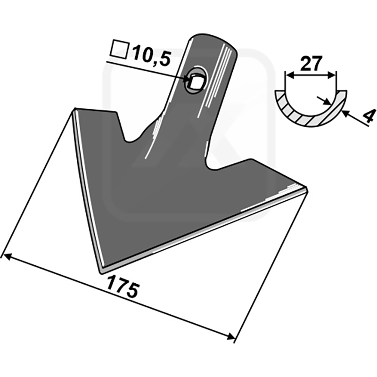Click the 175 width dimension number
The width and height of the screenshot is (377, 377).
tap(123, 287)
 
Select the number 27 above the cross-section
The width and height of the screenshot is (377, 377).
tap(311, 64)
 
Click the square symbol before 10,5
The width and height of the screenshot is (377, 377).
tap(119, 50)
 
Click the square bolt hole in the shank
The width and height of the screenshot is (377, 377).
tap(196, 81)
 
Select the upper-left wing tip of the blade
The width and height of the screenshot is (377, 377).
tap(74, 109)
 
